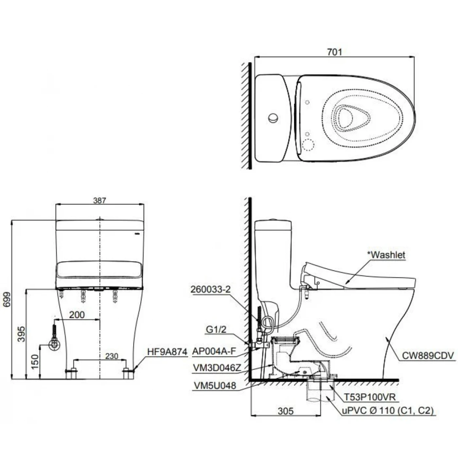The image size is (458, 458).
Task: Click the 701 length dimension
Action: (x=334, y=52)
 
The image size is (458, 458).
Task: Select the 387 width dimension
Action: (x=99, y=200)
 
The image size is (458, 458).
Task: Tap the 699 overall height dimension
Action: (x=7, y=300)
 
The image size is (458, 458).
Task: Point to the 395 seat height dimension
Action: (x=21, y=333)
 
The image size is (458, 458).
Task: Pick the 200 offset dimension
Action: (x=77, y=315)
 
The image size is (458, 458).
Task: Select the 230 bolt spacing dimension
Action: (x=112, y=356)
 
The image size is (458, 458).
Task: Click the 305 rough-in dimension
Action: (x=286, y=411)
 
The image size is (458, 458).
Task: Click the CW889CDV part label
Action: (x=428, y=356)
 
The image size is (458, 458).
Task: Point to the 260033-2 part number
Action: (x=210, y=289)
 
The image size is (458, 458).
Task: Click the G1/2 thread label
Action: (x=216, y=329)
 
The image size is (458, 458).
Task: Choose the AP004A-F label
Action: (x=214, y=351)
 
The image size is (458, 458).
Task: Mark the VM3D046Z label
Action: (x=217, y=368)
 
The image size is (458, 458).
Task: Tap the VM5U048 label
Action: (x=215, y=386)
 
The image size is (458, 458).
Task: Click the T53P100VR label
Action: (x=369, y=397)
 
